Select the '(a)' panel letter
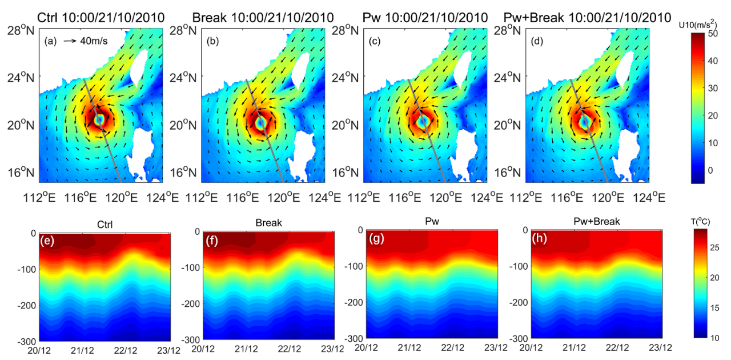click(x=50, y=41)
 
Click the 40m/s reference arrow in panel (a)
click(x=71, y=41)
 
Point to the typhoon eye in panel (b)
click(x=261, y=122)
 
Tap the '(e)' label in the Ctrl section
click(x=46, y=241)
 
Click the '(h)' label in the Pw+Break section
click(x=540, y=240)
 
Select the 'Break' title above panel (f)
click(x=269, y=222)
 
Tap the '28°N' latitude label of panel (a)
click(x=20, y=30)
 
